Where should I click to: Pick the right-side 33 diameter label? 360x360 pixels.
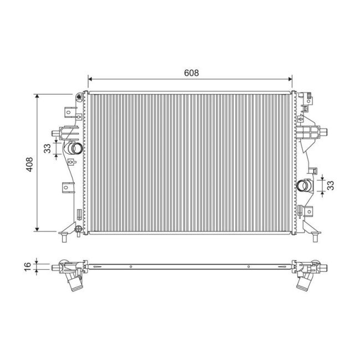point(330,185)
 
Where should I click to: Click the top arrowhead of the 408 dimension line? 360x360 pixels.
point(38,96)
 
